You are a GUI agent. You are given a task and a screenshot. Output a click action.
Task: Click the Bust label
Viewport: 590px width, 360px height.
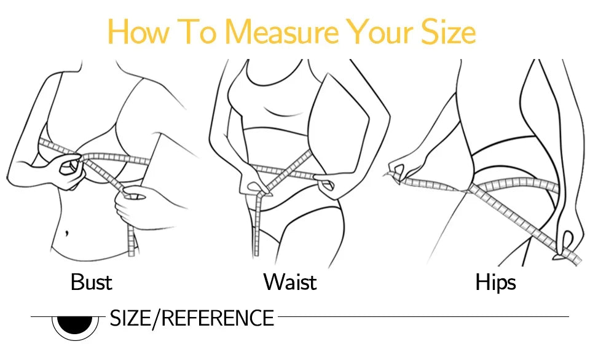point(91,282)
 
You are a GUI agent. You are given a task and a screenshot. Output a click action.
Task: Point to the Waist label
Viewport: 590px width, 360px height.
point(289,282)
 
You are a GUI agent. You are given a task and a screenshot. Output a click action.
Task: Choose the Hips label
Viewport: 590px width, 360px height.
point(495,282)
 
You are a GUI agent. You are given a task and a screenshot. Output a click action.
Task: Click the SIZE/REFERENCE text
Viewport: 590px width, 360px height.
point(191,318)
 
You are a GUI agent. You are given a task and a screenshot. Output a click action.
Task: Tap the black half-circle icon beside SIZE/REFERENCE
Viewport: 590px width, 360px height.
point(75,324)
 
